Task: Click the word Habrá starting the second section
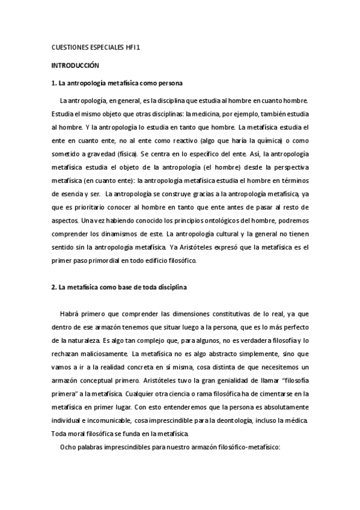(70, 314)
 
